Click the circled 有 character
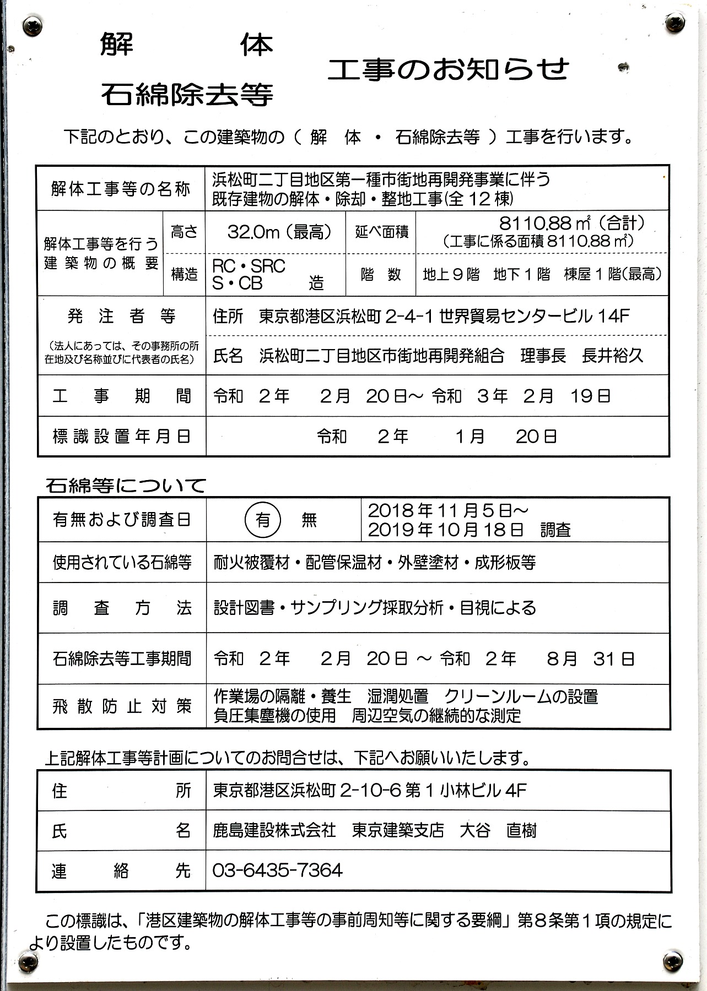263,519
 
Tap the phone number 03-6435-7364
277,870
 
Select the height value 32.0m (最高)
279,232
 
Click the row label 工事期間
121,396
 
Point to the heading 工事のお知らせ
449,70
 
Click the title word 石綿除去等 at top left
187,95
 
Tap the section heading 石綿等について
126,486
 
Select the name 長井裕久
612,356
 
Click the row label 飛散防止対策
121,706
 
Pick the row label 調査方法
121,608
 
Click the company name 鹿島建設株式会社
274,830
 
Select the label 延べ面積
381,232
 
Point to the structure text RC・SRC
249,266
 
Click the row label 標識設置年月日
121,437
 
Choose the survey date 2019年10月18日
445,530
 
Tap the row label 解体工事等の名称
121,189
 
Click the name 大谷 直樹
498,830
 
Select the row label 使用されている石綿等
122,562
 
